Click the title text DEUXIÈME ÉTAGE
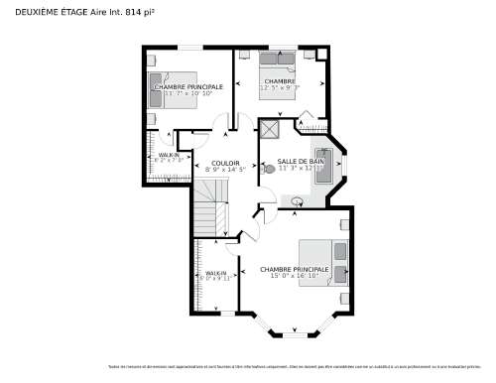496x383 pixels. (x=45, y=11)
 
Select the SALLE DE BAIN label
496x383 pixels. (x=301, y=161)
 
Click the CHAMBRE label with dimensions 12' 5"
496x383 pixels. (x=280, y=81)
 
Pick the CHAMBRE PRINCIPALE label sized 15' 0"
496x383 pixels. (x=294, y=269)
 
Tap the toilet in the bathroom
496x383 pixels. (x=269, y=169)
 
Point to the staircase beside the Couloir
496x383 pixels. (x=206, y=214)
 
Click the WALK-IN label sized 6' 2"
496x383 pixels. (x=169, y=156)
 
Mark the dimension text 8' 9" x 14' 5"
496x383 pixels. (x=224, y=170)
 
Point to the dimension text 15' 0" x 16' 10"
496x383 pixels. (x=294, y=277)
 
